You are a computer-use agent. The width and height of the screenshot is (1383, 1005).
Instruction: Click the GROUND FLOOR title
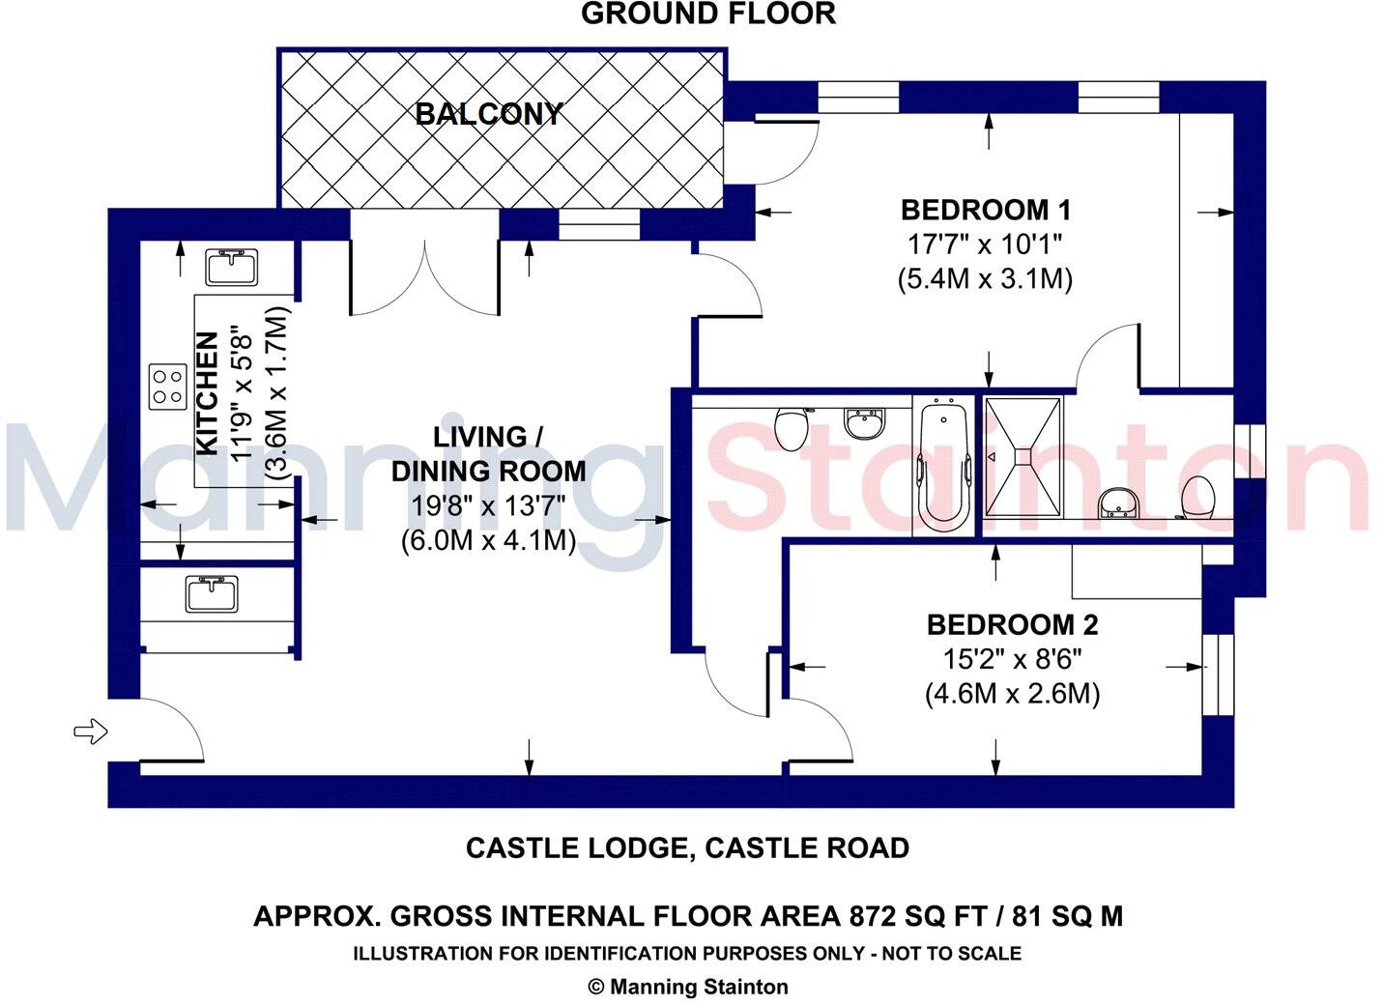click(x=707, y=14)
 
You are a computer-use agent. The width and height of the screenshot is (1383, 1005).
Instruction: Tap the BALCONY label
click(x=488, y=114)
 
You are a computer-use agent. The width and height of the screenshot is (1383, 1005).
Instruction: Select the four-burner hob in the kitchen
click(x=167, y=387)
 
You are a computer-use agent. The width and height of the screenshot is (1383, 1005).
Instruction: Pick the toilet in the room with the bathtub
click(x=792, y=428)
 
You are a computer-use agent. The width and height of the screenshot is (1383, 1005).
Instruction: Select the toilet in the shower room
click(x=1198, y=496)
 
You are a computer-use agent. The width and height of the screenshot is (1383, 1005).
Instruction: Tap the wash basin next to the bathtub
click(x=864, y=423)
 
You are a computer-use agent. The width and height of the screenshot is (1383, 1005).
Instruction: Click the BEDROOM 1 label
click(x=986, y=210)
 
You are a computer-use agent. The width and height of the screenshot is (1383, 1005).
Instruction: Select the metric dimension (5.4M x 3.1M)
click(x=986, y=279)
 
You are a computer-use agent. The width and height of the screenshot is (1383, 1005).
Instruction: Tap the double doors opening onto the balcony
click(x=425, y=275)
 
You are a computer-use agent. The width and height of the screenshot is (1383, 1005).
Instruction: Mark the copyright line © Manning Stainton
click(x=688, y=987)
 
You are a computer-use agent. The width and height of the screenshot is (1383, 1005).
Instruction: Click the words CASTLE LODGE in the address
click(x=576, y=848)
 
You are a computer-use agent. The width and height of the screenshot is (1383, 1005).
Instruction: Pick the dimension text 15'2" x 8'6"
click(x=1012, y=660)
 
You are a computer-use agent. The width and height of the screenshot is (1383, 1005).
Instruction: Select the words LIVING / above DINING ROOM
click(x=487, y=437)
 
